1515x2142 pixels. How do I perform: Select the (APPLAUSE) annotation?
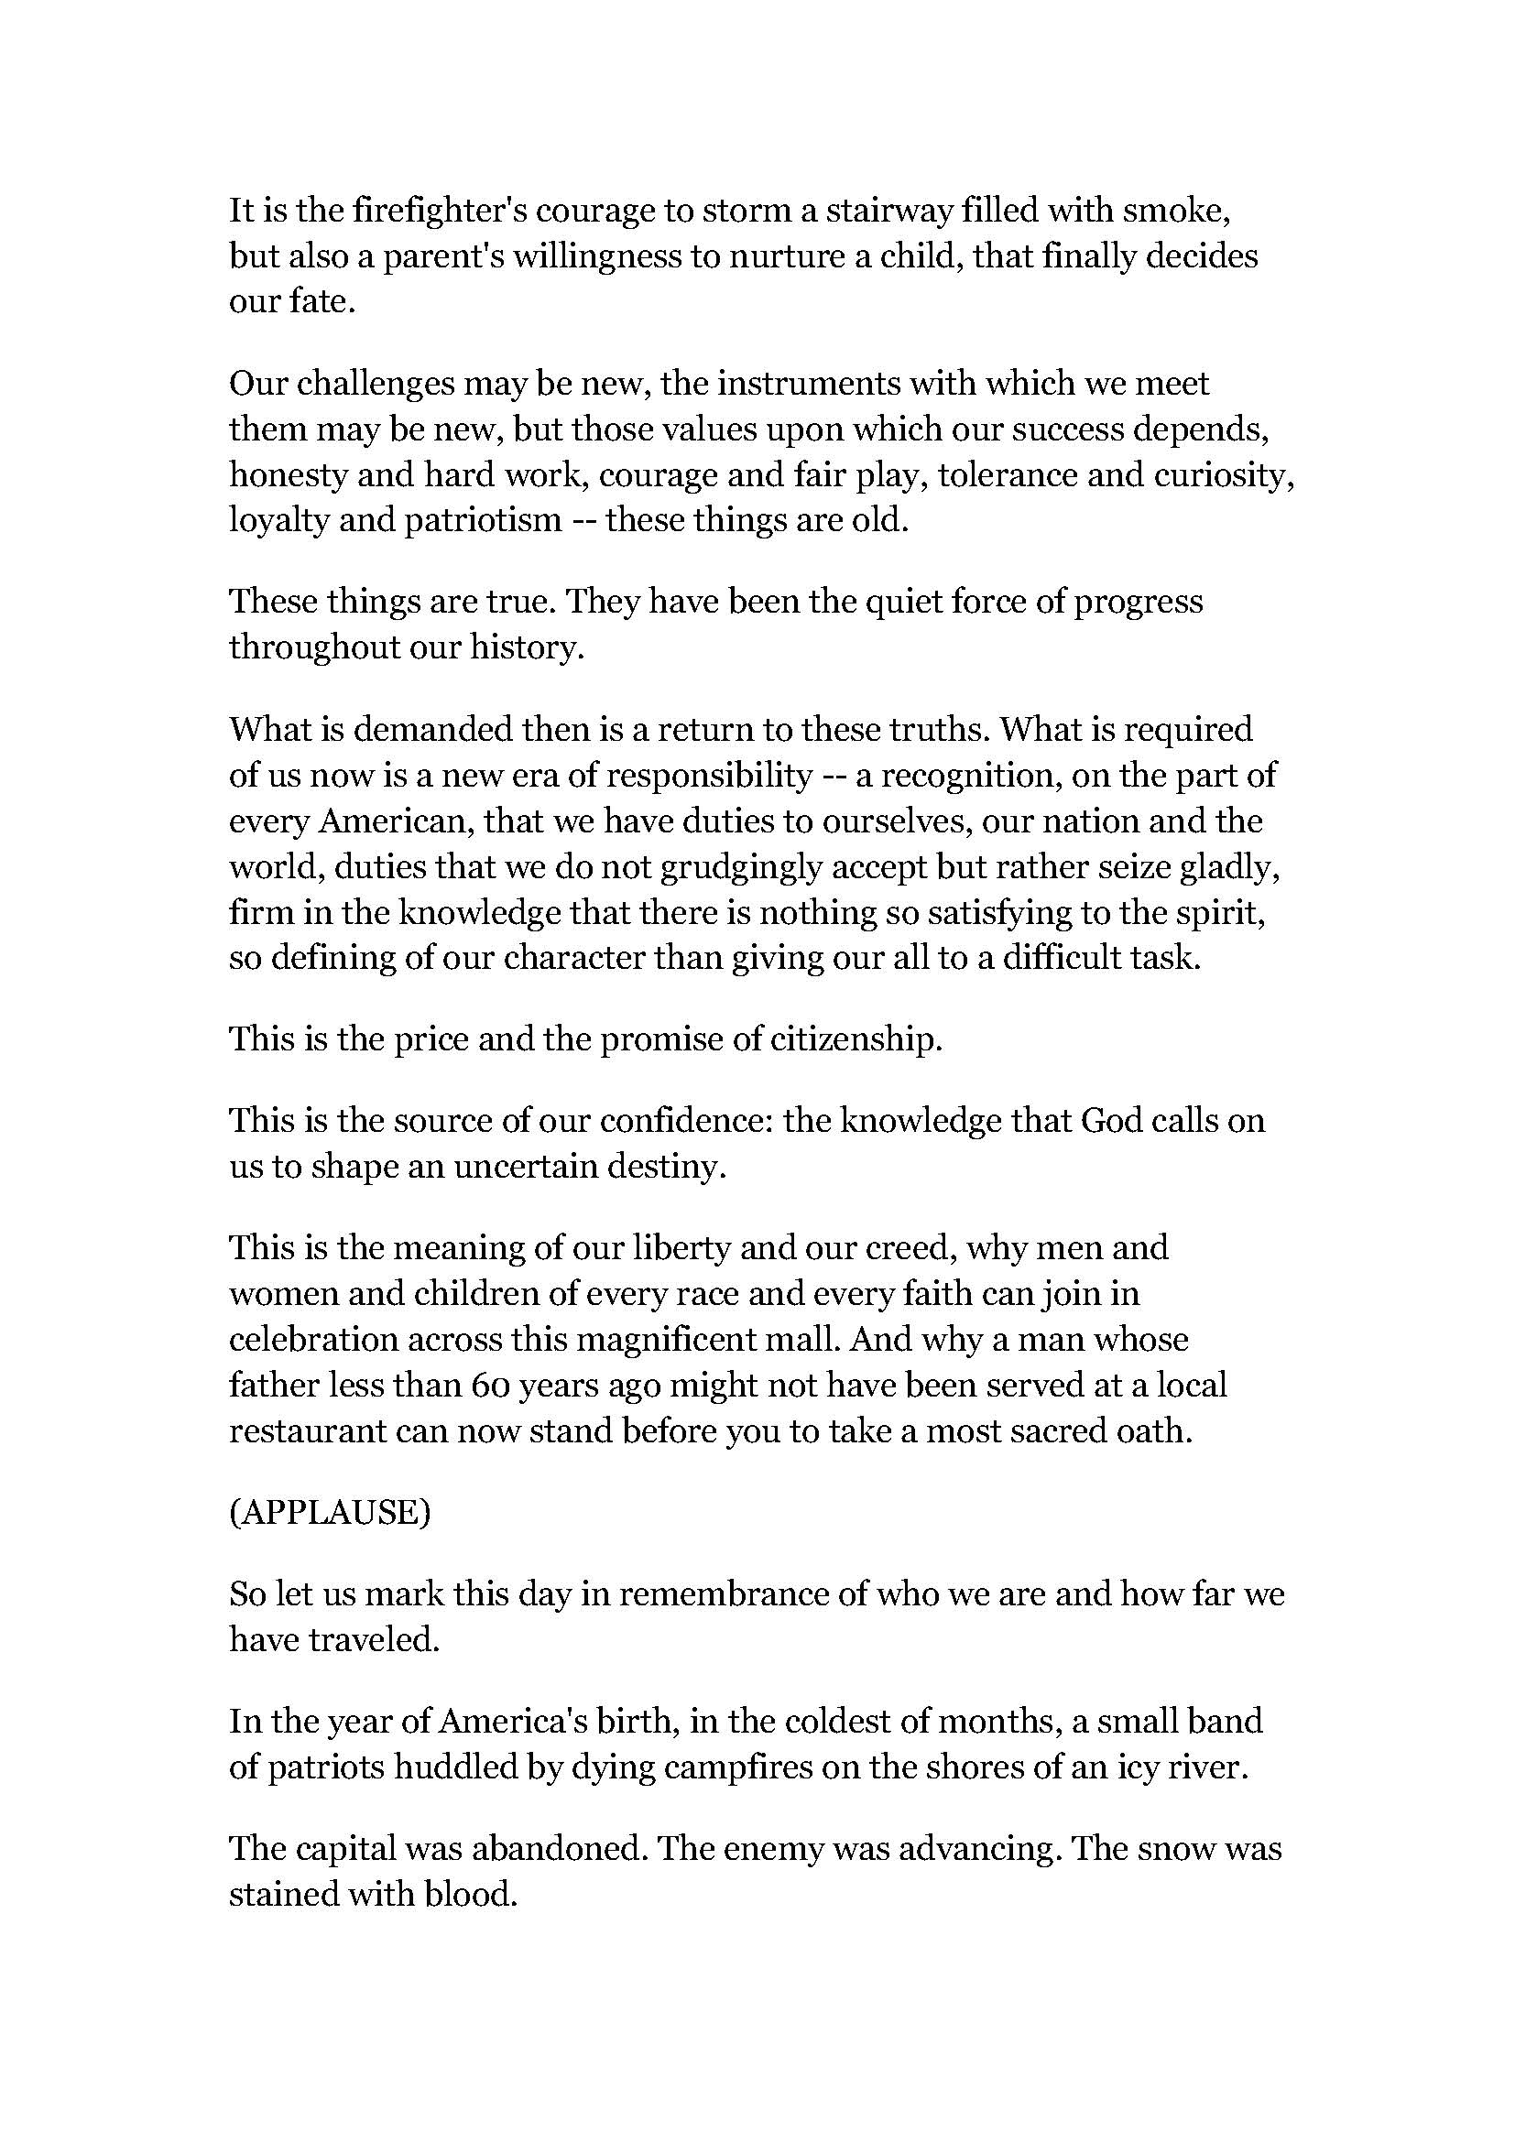pyautogui.click(x=331, y=1512)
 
